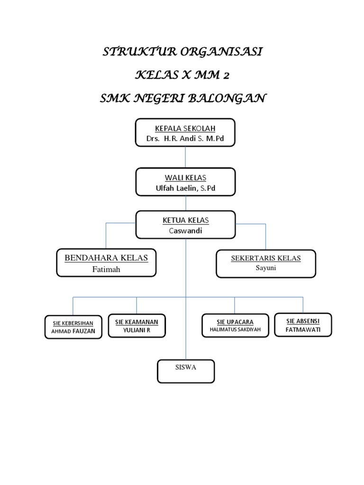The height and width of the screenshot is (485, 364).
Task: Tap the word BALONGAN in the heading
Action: click(x=227, y=99)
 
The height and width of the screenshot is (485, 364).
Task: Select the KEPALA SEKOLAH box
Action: click(x=185, y=133)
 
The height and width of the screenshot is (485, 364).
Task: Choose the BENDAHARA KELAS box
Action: click(x=106, y=263)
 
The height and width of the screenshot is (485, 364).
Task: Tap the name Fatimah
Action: click(x=106, y=269)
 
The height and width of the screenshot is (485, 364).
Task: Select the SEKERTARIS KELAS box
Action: click(x=266, y=263)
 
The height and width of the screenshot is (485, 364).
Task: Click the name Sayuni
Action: click(x=266, y=268)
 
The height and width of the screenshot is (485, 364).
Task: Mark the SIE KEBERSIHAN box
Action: click(x=73, y=327)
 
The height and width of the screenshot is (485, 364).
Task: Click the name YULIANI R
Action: click(x=136, y=330)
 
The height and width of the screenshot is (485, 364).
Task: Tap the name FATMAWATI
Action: click(x=303, y=329)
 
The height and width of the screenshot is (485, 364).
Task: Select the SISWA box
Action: click(x=186, y=371)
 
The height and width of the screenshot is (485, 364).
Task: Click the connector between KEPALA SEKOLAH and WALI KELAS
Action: click(x=185, y=157)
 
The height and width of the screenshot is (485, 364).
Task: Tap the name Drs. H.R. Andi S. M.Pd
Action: click(x=185, y=138)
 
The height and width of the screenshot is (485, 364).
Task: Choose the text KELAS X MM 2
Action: click(x=182, y=76)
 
